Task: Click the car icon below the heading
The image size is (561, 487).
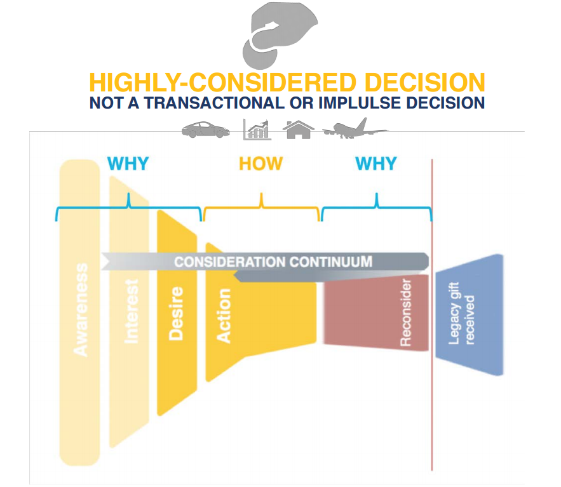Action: tap(205, 130)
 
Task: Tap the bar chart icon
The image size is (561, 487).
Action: tap(257, 129)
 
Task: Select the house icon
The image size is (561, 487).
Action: tap(299, 129)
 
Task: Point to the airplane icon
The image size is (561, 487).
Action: tap(354, 128)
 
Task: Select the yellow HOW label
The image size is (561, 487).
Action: tap(260, 164)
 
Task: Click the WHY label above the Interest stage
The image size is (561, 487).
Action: tap(128, 164)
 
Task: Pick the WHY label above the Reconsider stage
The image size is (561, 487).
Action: tap(377, 164)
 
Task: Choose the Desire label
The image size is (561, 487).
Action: tap(176, 314)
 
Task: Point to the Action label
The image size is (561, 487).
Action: tap(224, 316)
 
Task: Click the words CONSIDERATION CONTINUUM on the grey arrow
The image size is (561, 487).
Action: tap(273, 262)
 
